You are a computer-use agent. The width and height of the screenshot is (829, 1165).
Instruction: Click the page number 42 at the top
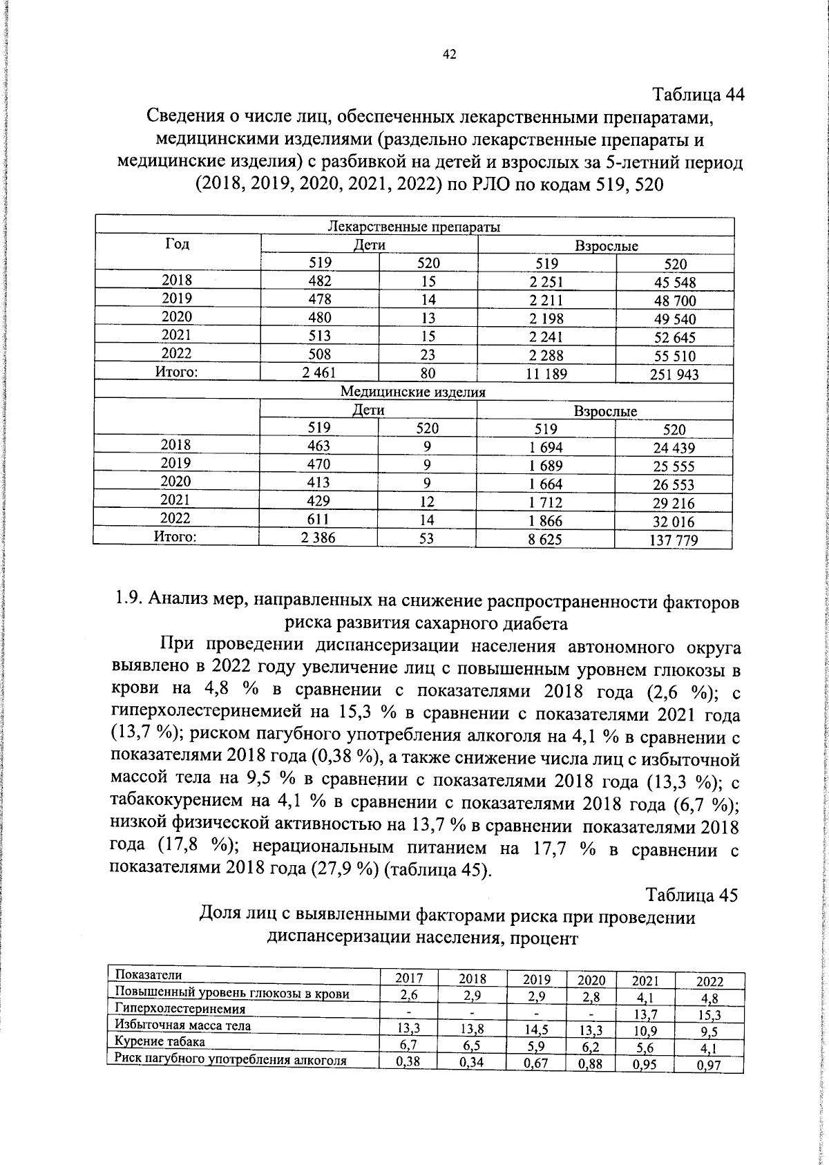pyautogui.click(x=449, y=56)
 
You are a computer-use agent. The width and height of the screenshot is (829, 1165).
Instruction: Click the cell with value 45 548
pyautogui.click(x=675, y=282)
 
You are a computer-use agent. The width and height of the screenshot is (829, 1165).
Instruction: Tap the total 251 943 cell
pyautogui.click(x=674, y=375)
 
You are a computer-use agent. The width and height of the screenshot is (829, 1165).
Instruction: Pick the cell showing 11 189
pyautogui.click(x=547, y=374)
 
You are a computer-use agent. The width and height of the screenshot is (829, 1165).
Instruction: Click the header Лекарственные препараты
pyautogui.click(x=414, y=227)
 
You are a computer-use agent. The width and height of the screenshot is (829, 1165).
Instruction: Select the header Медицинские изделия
pyautogui.click(x=413, y=392)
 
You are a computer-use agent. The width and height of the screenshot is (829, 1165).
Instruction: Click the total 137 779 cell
pyautogui.click(x=674, y=540)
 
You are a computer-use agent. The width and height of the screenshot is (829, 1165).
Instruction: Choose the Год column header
pyautogui.click(x=178, y=244)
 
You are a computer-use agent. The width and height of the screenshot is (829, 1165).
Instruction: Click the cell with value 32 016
pyautogui.click(x=674, y=522)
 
